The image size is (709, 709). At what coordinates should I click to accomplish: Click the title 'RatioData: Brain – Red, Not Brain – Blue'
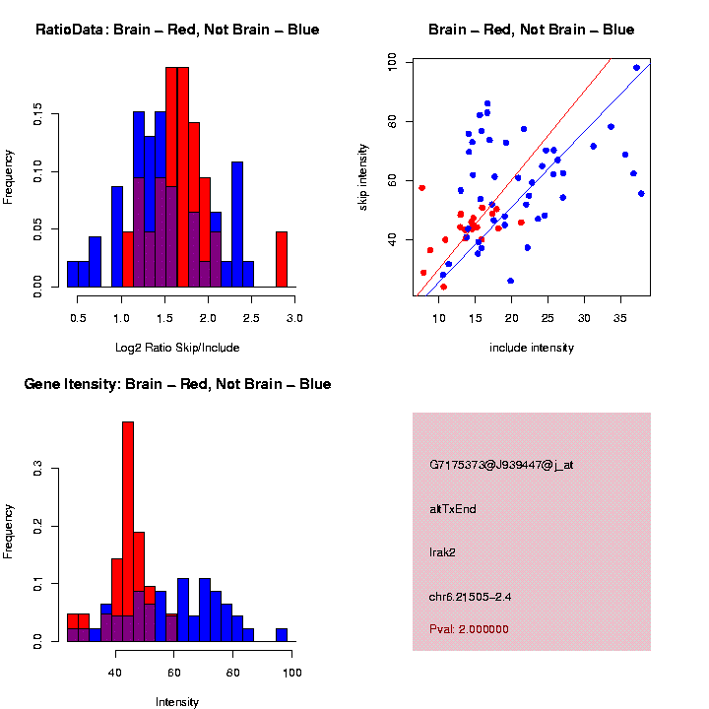pyautogui.click(x=177, y=30)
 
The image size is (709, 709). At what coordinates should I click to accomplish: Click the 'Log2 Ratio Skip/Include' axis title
pyautogui.click(x=177, y=348)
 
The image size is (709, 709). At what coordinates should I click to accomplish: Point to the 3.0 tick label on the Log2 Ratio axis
pyautogui.click(x=293, y=318)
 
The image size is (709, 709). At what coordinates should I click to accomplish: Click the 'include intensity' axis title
pyautogui.click(x=532, y=348)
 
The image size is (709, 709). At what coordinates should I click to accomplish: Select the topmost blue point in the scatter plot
pyautogui.click(x=636, y=68)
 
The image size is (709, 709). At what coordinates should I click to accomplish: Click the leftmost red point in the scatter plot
pyautogui.click(x=421, y=187)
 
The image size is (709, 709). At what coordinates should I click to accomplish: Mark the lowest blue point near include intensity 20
pyautogui.click(x=510, y=281)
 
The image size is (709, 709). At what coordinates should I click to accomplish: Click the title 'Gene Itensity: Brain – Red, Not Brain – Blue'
pyautogui.click(x=177, y=384)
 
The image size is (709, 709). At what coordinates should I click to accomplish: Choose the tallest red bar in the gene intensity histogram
pyautogui.click(x=128, y=532)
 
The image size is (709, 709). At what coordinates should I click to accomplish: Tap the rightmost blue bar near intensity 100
pyautogui.click(x=282, y=635)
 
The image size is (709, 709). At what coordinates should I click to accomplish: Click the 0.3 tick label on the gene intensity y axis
pyautogui.click(x=37, y=471)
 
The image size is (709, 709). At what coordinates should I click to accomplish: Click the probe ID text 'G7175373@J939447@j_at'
pyautogui.click(x=500, y=465)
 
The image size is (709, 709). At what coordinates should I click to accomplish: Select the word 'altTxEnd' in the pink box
pyautogui.click(x=453, y=509)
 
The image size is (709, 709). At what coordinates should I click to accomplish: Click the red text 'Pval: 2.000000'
pyautogui.click(x=469, y=629)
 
